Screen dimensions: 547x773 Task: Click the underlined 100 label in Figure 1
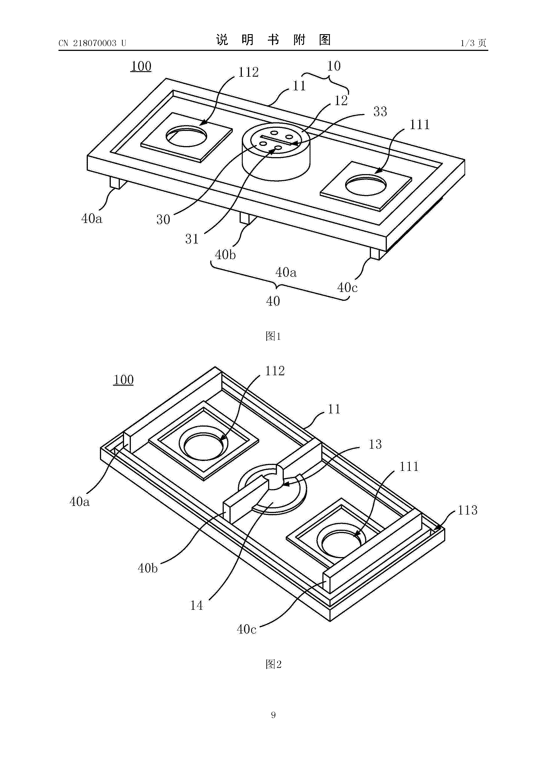[x=141, y=66]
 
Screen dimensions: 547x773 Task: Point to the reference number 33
[x=380, y=112]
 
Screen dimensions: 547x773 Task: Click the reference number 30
[x=163, y=219]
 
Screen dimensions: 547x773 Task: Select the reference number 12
[x=341, y=100]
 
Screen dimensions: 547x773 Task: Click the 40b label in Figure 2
[x=148, y=568]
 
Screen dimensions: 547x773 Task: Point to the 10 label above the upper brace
[x=334, y=66]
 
